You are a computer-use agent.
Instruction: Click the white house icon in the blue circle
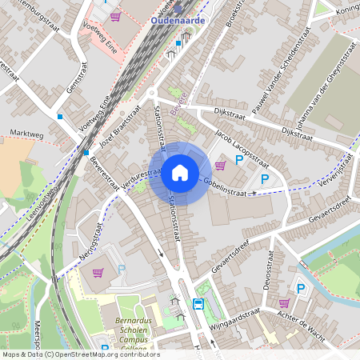(x=180, y=173)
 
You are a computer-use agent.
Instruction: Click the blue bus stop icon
(x=198, y=304)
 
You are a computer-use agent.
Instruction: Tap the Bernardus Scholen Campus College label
(x=133, y=327)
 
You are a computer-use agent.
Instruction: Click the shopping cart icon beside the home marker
(x=220, y=166)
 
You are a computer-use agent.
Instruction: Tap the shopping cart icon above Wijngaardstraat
(x=283, y=303)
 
